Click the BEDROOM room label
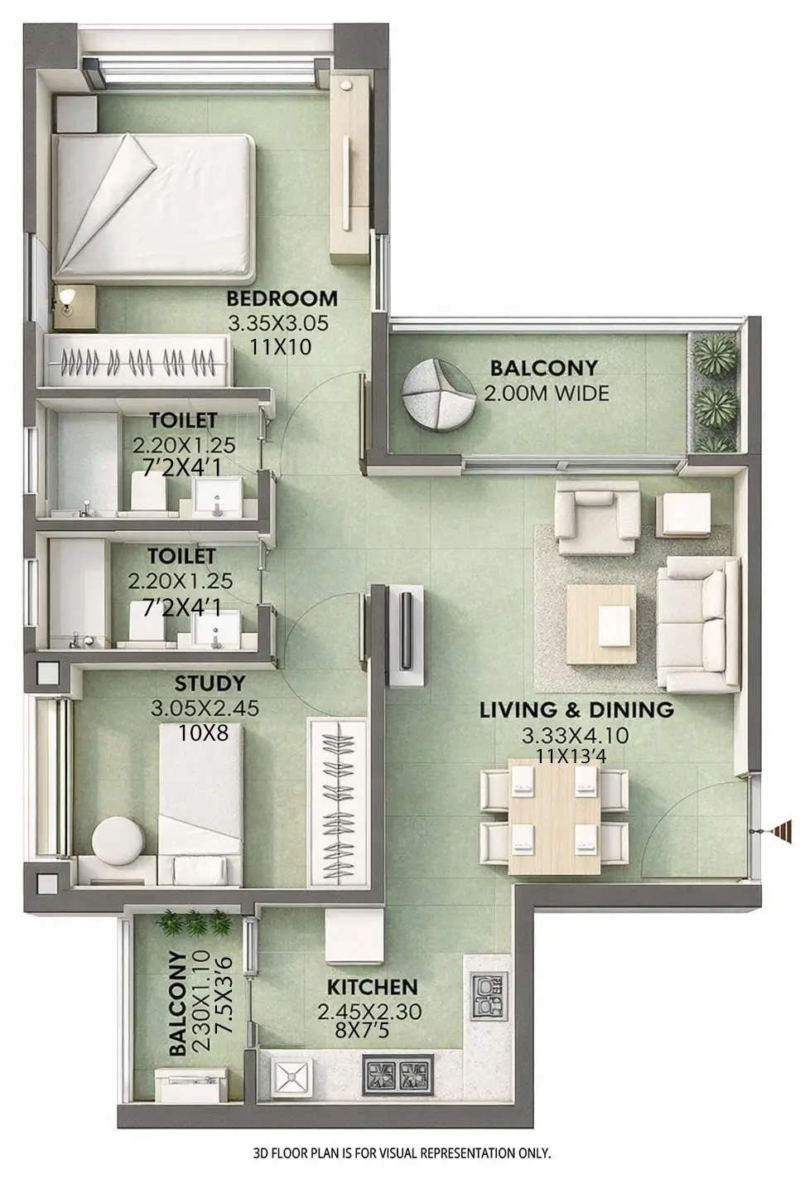[282, 298]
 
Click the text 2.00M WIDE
[546, 392]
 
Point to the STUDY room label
[210, 684]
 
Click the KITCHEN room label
[371, 988]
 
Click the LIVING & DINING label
[576, 710]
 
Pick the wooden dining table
[552, 816]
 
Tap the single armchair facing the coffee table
[596, 520]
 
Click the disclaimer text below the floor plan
[402, 1153]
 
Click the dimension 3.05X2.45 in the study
[205, 708]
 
